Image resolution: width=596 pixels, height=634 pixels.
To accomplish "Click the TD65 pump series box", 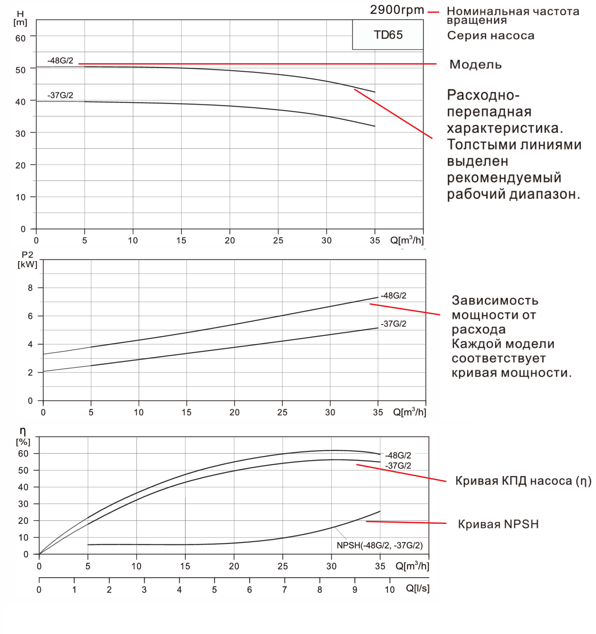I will pos(388,35).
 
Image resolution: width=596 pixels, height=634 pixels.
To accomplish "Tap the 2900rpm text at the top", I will pos(397,10).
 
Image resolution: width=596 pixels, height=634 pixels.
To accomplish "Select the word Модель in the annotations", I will pos(475,65).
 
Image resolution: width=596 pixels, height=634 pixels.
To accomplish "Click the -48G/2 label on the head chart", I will pos(60,61).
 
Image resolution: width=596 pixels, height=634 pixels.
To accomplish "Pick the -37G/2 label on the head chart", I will pos(60,95).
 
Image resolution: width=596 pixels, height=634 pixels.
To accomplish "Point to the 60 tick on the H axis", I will pos(20,38).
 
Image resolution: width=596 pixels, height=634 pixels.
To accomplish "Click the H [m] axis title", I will pos(20,18).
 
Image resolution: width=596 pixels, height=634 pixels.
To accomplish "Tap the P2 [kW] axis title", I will pos(27,259).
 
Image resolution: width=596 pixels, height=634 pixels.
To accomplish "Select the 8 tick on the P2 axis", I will pos(30,288).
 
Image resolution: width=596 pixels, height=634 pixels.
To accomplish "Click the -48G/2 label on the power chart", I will pos(394,296).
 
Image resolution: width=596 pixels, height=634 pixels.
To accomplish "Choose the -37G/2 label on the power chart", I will pos(394,324).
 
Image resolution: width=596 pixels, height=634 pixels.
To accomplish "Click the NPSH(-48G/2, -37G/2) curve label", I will pos(380,545).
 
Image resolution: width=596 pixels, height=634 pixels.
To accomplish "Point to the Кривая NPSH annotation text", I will pos(498,524).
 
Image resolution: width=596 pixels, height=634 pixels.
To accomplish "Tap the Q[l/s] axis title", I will pos(417,588).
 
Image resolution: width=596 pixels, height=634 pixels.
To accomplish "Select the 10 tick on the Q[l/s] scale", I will pos(389,590).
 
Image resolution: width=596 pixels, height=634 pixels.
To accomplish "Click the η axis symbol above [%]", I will pos(23,431).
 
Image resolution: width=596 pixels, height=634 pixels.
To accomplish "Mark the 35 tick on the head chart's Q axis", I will pos(375,240).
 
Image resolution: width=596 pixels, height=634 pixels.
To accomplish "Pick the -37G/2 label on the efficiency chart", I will pos(398,465).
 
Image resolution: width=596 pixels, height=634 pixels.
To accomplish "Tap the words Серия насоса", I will pos(491,36).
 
